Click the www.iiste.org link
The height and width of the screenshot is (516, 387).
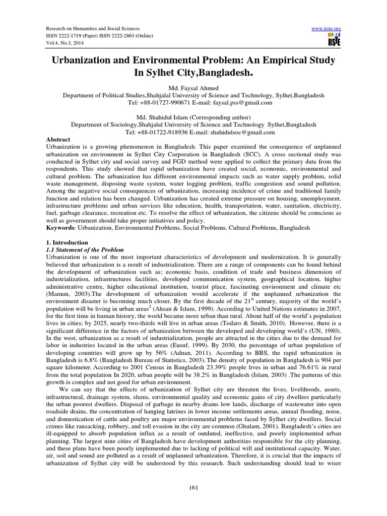click(x=328, y=28)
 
